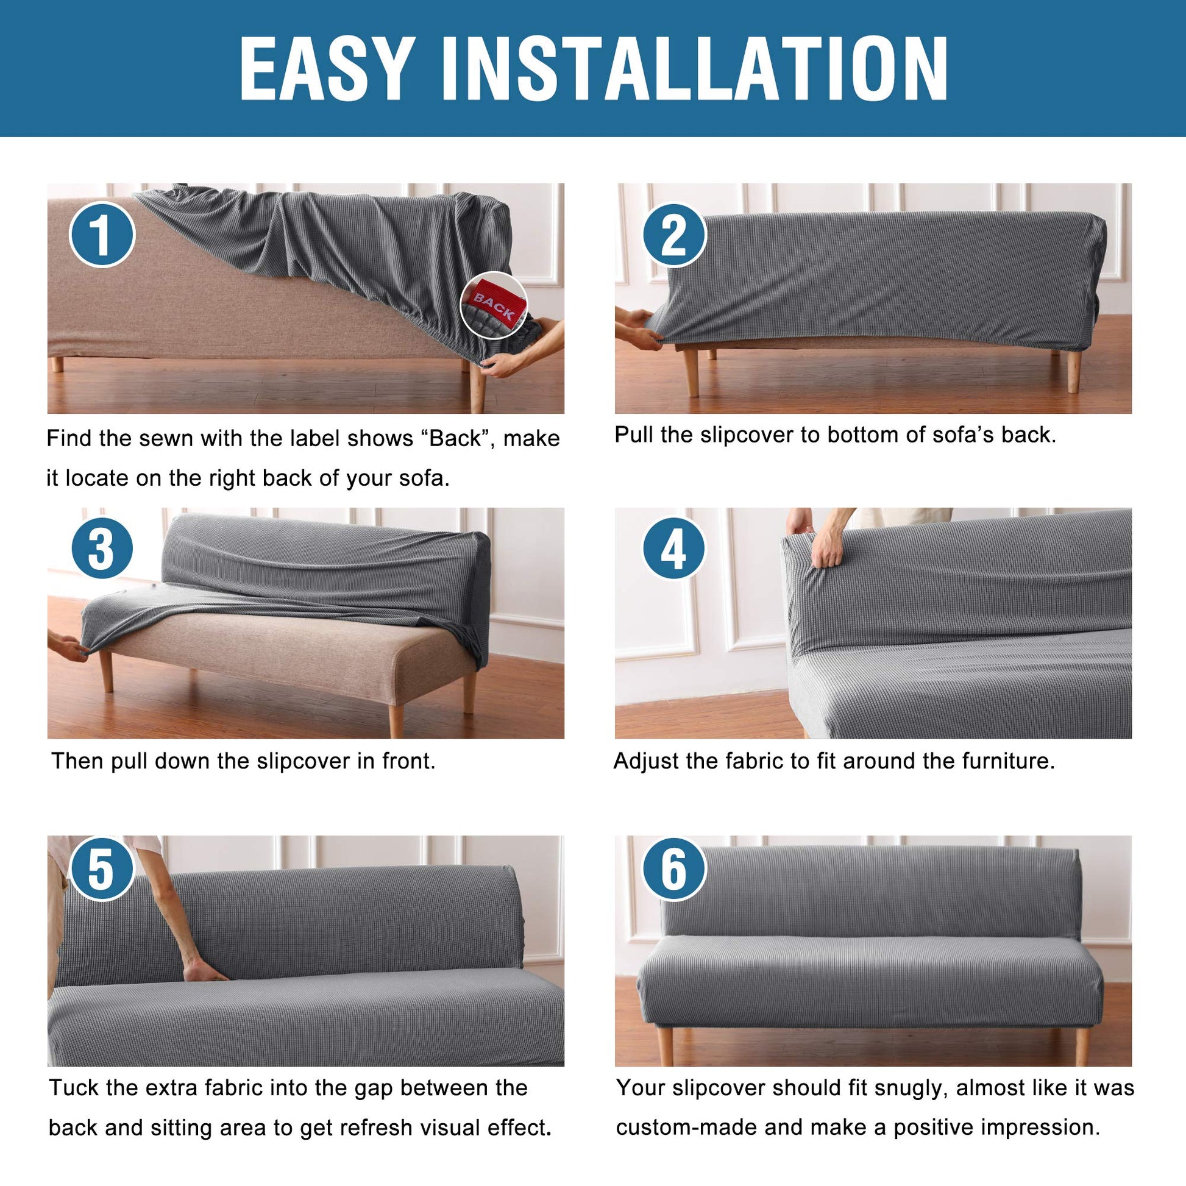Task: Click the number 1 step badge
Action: tap(102, 235)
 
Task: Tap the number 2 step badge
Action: tap(674, 235)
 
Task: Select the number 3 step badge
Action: tap(102, 548)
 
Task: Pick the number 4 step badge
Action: tap(674, 548)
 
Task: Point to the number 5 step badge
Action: tap(102, 869)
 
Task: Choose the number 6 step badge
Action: tap(674, 869)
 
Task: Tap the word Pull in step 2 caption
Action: tap(634, 435)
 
